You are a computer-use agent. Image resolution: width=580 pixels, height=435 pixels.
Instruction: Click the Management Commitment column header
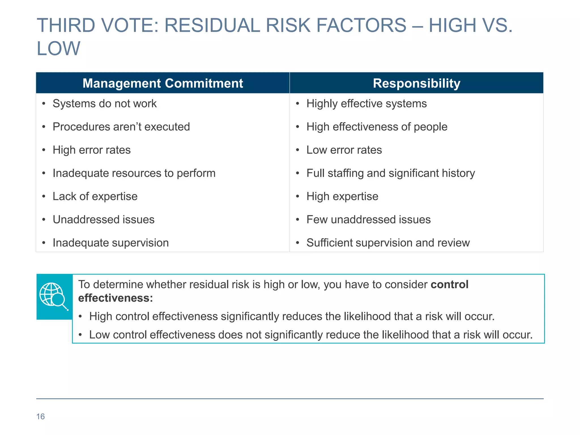pos(163,83)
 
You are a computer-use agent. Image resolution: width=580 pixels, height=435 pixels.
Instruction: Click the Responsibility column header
pos(416,83)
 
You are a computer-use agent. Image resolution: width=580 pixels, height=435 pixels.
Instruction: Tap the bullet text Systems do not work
pos(105,104)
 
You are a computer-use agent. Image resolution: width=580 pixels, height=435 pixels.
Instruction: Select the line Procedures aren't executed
pos(121,127)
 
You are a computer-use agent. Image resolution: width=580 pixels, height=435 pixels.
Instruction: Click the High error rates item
pos(91,150)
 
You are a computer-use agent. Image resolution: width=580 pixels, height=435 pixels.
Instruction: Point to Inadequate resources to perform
pos(134,173)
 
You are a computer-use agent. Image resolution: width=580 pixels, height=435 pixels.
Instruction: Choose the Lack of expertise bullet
pos(95,197)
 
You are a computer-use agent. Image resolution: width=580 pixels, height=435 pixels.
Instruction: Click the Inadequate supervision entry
pos(111,243)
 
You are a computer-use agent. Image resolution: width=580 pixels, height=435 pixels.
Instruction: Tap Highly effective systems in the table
pos(366,104)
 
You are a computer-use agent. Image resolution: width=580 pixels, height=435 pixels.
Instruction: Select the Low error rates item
pos(344,150)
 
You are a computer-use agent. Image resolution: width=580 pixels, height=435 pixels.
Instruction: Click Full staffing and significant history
pos(391,173)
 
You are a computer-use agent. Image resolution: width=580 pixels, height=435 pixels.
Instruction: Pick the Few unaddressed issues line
pos(368,220)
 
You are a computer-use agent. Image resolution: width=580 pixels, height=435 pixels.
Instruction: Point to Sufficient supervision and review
pos(388,243)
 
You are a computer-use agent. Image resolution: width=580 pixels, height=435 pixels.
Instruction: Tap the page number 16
pos(40,417)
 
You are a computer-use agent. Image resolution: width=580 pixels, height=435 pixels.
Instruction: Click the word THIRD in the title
pos(66,25)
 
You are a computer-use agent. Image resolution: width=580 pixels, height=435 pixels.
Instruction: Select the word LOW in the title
pos(58,49)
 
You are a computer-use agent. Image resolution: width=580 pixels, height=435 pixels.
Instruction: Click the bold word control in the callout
pos(449,285)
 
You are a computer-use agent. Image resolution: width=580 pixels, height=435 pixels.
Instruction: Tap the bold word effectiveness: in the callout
pos(115,298)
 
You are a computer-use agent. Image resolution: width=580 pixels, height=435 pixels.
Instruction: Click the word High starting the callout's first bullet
pos(101,317)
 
